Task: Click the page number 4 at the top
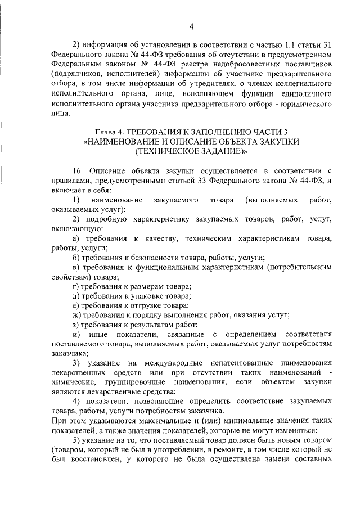tap(191, 26)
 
